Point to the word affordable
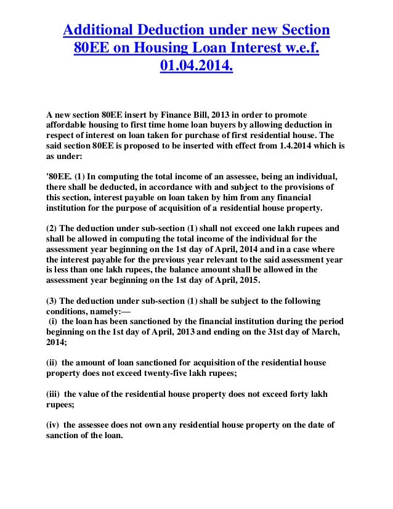69,126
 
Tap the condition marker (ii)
54,362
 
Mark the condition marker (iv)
55,424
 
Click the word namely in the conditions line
94,311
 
